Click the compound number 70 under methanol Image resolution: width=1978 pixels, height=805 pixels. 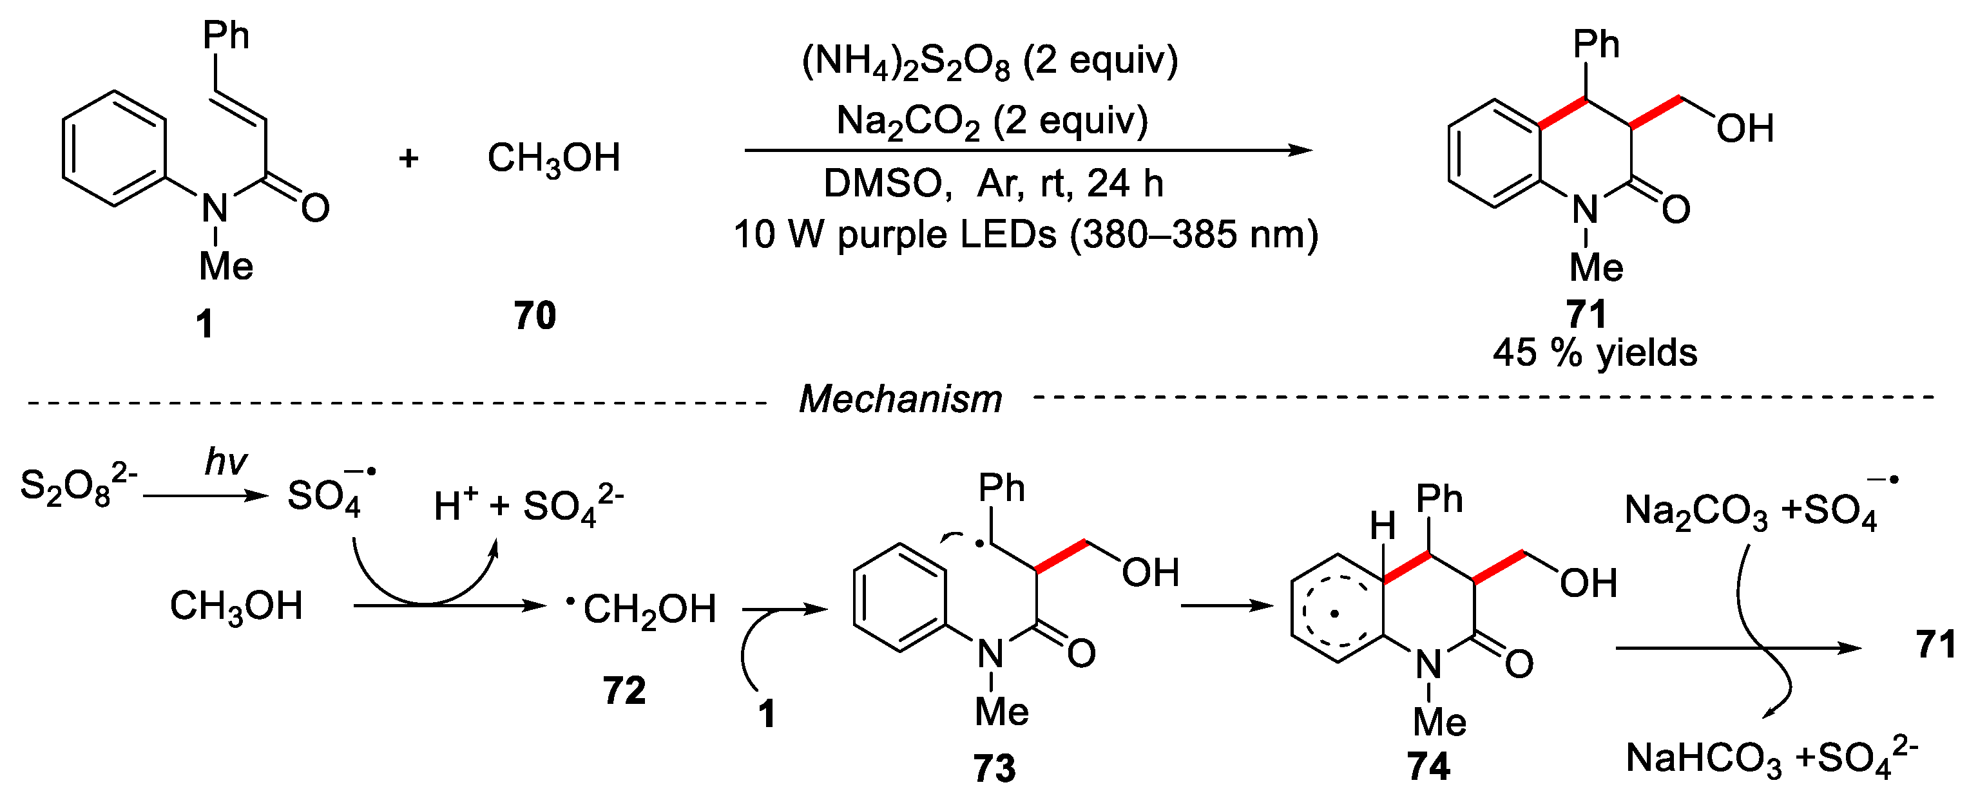tap(534, 316)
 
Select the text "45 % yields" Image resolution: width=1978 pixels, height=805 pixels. tap(1594, 353)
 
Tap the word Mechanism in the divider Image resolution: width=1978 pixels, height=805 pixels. tap(900, 399)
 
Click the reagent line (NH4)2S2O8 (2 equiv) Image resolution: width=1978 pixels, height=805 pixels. tap(989, 61)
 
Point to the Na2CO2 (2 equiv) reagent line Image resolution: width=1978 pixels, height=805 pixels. tap(992, 121)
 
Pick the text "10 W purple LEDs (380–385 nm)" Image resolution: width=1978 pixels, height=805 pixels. tap(1026, 234)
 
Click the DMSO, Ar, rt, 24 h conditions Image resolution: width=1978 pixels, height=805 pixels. tap(993, 184)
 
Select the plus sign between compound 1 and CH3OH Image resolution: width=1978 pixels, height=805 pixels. tap(408, 158)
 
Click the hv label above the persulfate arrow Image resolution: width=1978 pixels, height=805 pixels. tap(226, 462)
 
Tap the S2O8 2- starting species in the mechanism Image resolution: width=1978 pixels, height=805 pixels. tap(77, 485)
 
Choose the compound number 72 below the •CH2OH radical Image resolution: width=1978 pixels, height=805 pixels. tap(624, 690)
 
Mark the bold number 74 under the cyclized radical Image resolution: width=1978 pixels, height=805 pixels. tap(1428, 766)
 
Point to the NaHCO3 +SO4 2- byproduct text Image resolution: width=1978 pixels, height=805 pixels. tap(1771, 758)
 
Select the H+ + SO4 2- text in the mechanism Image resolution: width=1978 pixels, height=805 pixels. tap(528, 506)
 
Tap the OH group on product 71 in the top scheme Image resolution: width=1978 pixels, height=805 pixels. tap(1745, 128)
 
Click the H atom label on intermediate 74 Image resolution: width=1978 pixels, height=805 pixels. tap(1382, 526)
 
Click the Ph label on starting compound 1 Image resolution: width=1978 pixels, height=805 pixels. tap(226, 35)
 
